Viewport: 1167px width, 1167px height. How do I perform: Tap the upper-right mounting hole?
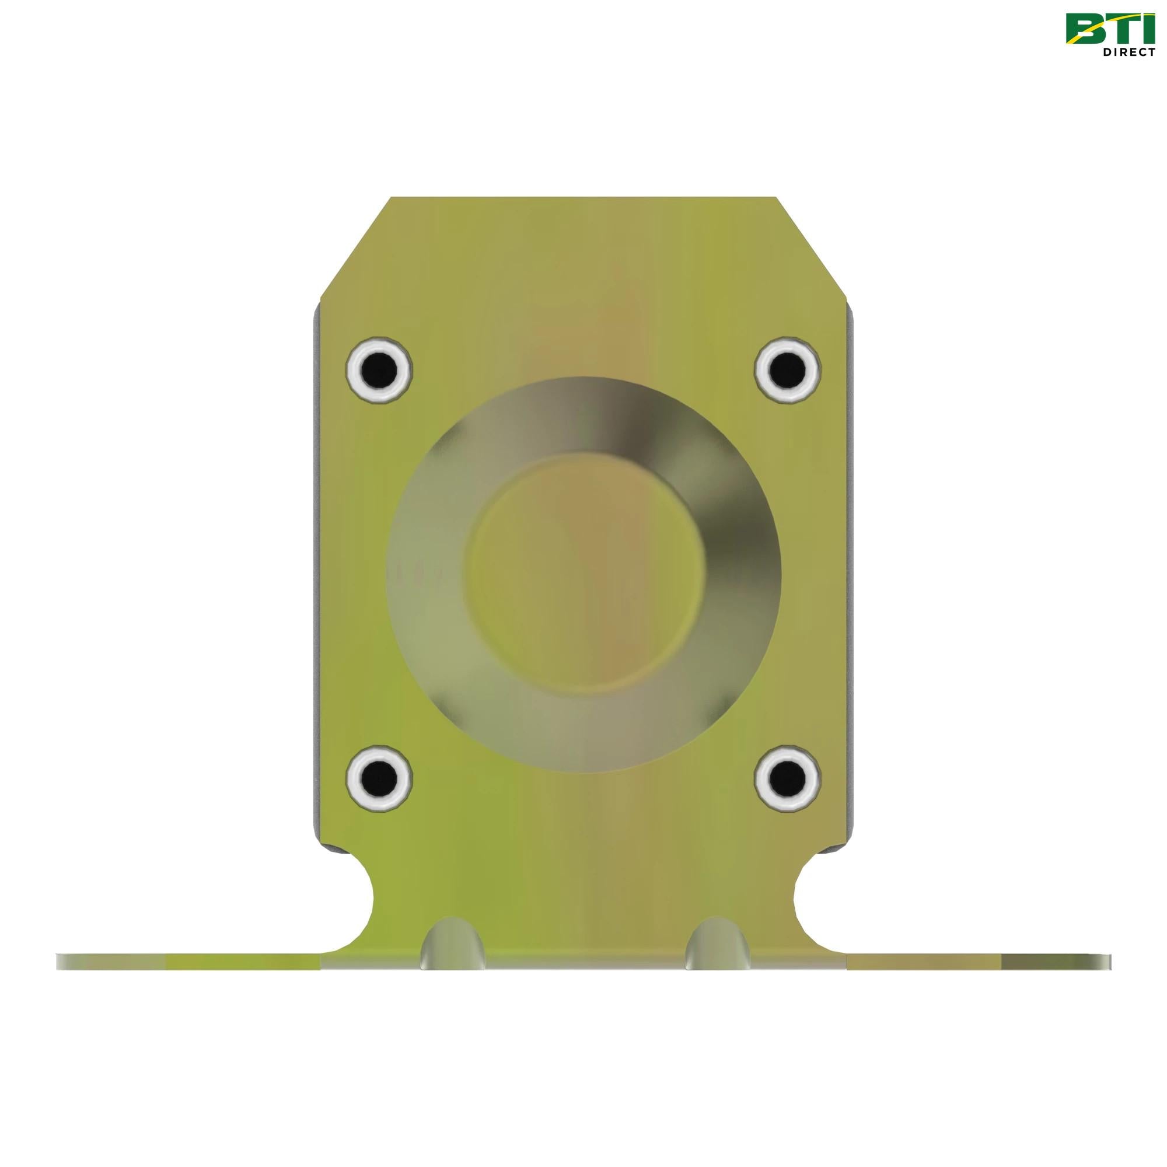point(788,366)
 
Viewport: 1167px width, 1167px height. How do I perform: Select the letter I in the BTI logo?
point(1144,30)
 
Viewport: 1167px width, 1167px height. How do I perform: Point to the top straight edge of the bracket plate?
point(583,198)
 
